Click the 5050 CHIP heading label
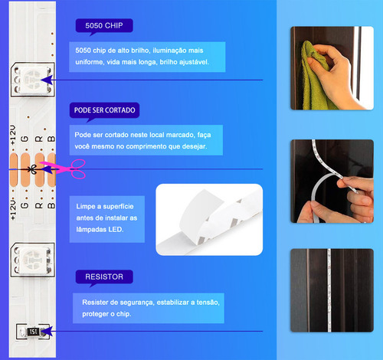(x=104, y=25)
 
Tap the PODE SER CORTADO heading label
(x=104, y=110)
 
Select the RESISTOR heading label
(x=104, y=277)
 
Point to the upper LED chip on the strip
(x=33, y=80)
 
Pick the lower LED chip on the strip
(x=33, y=260)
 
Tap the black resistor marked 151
(x=33, y=332)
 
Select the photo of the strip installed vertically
(x=332, y=290)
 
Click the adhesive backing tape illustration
(x=209, y=220)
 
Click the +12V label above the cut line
(x=13, y=135)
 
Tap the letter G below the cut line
(x=25, y=205)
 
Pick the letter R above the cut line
(x=39, y=139)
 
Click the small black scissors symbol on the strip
(x=32, y=169)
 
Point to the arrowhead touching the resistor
(x=47, y=332)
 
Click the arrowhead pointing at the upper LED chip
(x=47, y=80)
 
